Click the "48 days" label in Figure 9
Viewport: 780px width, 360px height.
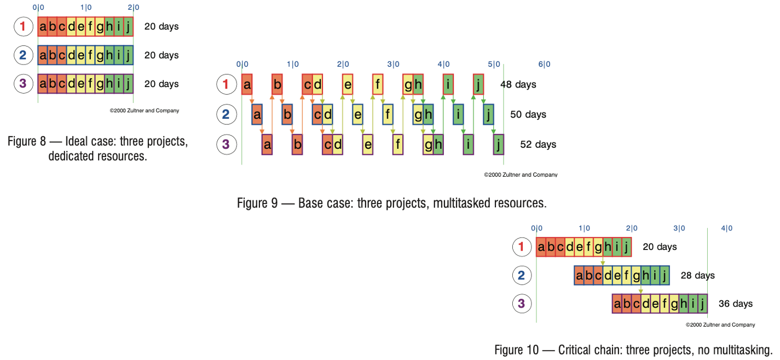pos(518,85)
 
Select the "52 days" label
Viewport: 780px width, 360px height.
pos(538,144)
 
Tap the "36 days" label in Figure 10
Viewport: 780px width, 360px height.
pos(735,304)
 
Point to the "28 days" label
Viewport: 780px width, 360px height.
pos(697,276)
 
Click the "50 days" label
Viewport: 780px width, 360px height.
pos(528,114)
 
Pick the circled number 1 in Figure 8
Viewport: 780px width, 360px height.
pos(22,26)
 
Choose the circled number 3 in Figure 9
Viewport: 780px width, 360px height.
pos(226,144)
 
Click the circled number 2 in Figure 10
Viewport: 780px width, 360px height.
pos(521,275)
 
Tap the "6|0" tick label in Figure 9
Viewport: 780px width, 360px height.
pos(544,65)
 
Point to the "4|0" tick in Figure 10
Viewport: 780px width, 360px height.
pos(726,229)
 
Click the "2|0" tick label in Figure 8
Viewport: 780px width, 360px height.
pos(133,8)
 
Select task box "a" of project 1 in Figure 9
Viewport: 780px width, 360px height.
pos(247,85)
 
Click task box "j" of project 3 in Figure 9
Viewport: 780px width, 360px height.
pos(498,145)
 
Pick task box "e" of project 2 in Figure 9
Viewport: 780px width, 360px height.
pos(357,115)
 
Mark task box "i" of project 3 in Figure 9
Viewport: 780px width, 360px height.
pos(468,145)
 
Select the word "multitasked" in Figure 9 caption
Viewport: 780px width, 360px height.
pos(462,203)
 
